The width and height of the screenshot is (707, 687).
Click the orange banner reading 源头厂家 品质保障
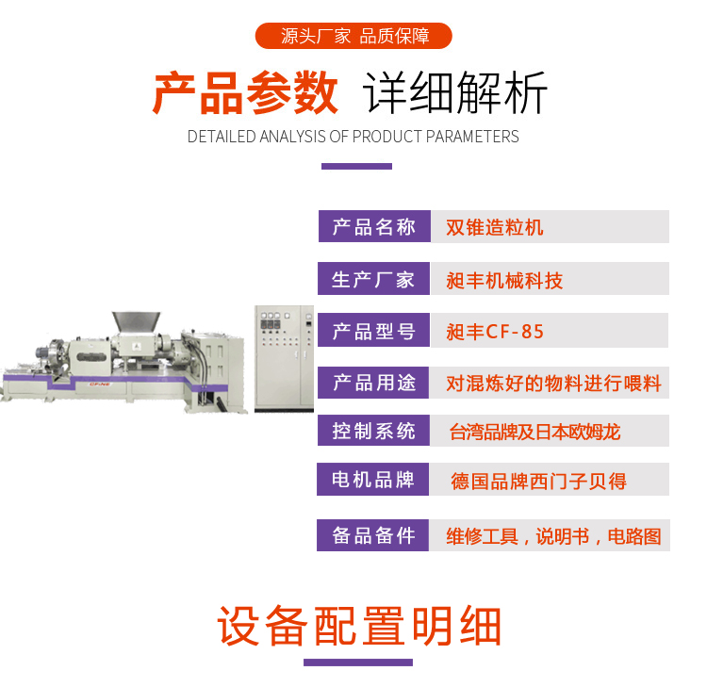353,36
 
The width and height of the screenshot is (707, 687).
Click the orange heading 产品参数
245,93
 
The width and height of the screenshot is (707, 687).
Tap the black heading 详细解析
455,93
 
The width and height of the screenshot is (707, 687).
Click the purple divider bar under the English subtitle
356,167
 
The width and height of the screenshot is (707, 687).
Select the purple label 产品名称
374,226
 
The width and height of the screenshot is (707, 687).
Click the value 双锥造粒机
495,227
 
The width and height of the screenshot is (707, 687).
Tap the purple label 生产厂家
374,279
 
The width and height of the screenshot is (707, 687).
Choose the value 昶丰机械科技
504,281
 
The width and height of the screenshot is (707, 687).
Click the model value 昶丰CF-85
495,332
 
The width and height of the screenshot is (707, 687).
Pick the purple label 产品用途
373,383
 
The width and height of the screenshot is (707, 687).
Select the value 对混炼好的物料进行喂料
553,384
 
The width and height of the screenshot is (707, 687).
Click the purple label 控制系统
373,431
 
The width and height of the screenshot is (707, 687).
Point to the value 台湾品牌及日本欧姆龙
534,432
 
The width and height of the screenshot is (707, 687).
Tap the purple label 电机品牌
373,479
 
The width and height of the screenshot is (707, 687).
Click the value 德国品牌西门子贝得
539,481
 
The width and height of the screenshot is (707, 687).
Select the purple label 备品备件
373,535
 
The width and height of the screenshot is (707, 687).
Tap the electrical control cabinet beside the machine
284,358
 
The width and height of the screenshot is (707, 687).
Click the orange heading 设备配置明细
359,626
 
